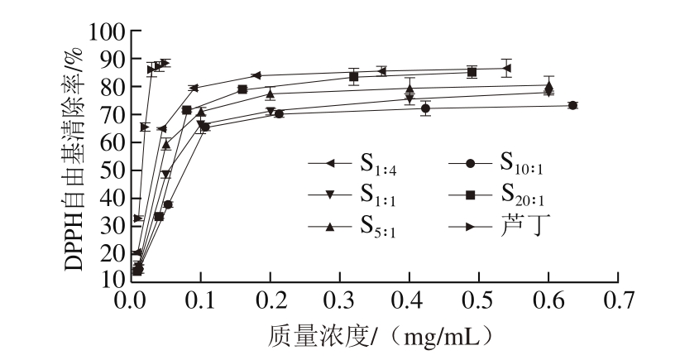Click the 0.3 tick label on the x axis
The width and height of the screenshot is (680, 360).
pos(341,299)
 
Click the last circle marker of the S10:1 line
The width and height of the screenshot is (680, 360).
pos(572,105)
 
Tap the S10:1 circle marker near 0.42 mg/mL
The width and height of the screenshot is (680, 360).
pos(425,108)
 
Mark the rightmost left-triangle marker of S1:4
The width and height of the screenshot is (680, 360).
pos(507,68)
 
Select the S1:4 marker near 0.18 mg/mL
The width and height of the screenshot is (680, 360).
pos(255,75)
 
